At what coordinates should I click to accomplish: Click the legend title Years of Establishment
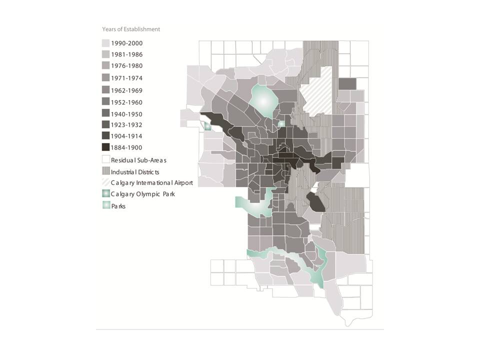pos(131,29)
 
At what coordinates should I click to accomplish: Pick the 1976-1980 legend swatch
pos(106,66)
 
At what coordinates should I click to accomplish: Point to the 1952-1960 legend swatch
pos(106,102)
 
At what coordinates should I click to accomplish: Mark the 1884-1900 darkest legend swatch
pos(106,147)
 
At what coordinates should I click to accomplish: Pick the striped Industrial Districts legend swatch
pos(106,171)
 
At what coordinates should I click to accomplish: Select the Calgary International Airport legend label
pos(152,183)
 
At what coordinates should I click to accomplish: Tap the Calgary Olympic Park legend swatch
pos(106,194)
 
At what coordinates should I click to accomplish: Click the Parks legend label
pos(118,206)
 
